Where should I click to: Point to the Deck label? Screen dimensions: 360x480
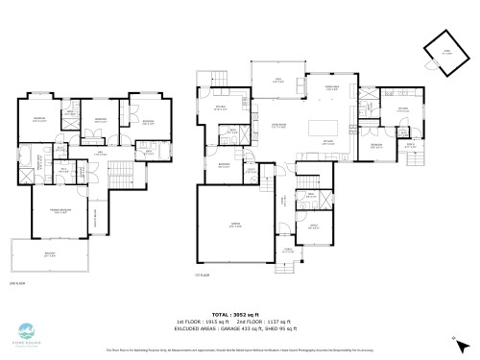(x=277, y=82)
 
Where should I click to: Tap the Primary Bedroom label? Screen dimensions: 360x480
(x=60, y=212)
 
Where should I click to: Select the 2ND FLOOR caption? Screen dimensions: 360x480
(x=15, y=283)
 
